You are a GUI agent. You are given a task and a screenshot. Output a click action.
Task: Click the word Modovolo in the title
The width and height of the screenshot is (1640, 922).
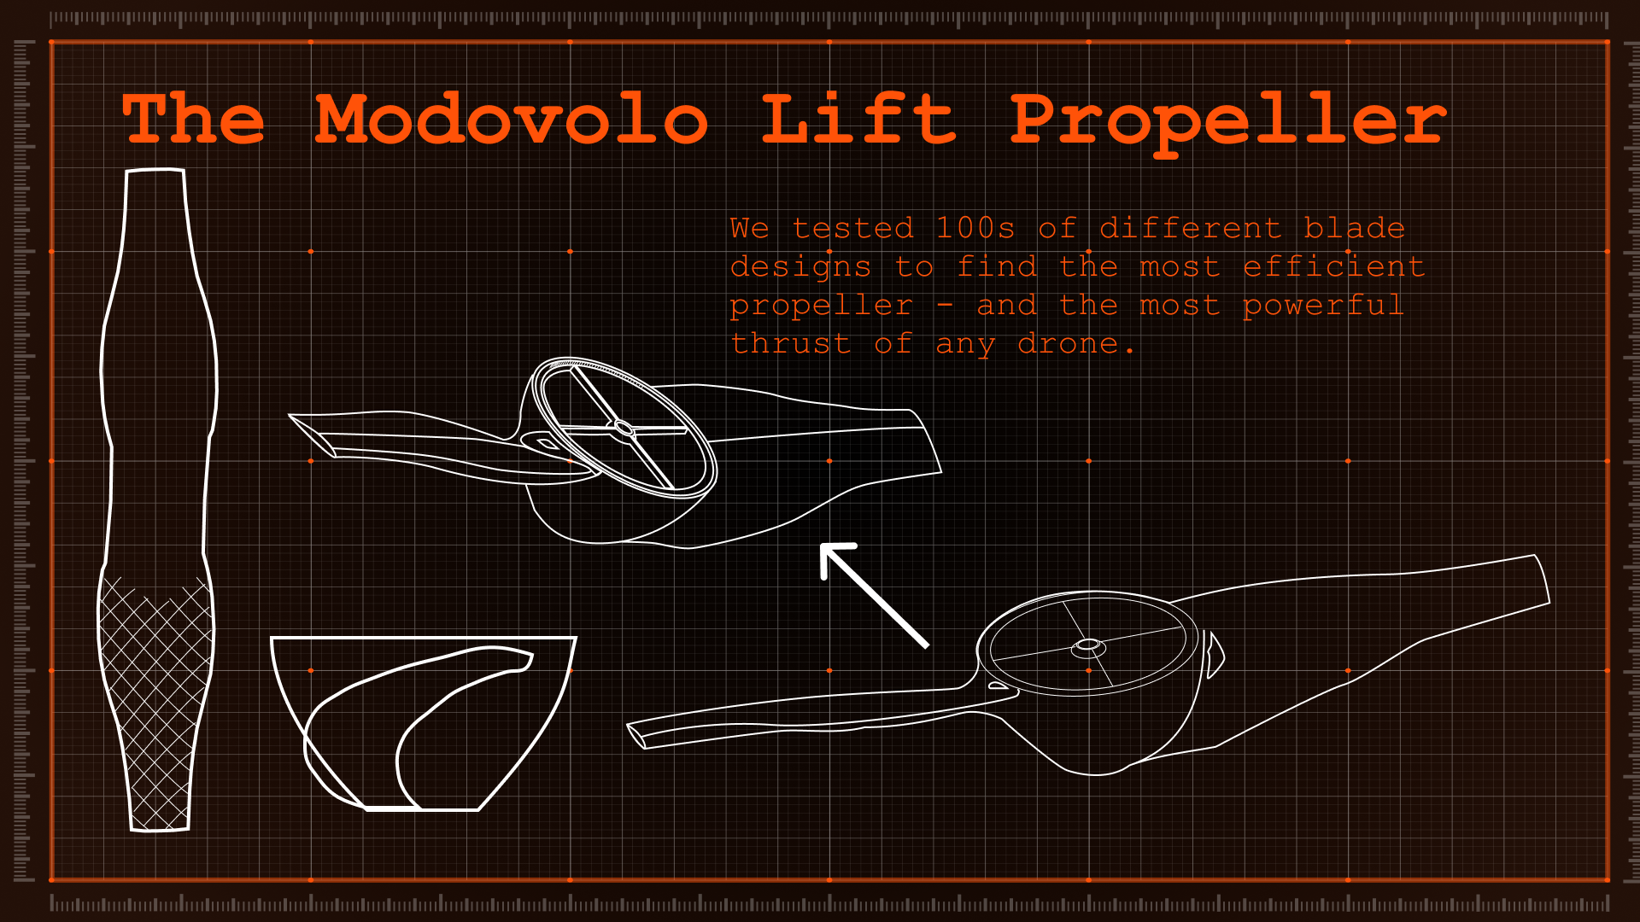click(x=511, y=120)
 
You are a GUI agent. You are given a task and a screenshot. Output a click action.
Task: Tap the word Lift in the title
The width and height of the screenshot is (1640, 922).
click(x=858, y=119)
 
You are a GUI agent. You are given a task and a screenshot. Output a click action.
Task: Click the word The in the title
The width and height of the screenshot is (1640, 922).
click(x=194, y=119)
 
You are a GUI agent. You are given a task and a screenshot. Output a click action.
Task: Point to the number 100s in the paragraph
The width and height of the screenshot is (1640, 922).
click(x=975, y=229)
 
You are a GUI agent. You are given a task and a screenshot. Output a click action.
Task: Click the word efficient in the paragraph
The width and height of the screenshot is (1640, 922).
click(x=1333, y=267)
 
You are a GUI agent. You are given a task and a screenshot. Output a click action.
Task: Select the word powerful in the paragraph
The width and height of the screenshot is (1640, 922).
click(x=1323, y=306)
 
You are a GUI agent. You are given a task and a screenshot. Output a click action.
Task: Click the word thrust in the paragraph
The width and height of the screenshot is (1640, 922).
click(x=790, y=344)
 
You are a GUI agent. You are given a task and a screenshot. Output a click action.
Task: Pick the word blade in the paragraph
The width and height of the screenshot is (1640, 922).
click(x=1354, y=229)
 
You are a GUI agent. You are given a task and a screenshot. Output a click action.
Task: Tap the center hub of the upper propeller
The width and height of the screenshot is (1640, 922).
click(x=624, y=428)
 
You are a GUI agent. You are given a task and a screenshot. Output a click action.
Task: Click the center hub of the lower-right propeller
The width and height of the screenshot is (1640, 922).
click(x=1088, y=645)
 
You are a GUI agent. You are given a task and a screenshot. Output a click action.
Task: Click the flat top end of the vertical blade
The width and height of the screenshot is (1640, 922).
click(x=155, y=172)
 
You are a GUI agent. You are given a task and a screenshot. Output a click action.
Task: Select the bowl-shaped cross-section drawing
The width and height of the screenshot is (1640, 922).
click(x=423, y=721)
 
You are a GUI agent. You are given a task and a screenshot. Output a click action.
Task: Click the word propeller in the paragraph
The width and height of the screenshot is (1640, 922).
click(x=821, y=306)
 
